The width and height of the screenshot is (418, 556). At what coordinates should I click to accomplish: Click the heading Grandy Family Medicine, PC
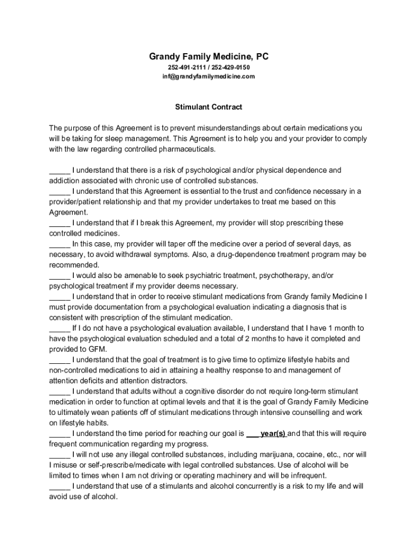[x=208, y=56]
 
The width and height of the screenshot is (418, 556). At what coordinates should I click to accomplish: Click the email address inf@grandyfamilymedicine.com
[x=208, y=77]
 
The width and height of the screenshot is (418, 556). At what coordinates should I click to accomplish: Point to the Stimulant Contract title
[x=208, y=107]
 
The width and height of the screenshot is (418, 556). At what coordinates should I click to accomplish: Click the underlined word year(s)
[x=273, y=434]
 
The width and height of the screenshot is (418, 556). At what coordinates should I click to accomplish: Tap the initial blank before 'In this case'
[x=60, y=244]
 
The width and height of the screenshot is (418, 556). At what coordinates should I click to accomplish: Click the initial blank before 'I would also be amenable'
[x=60, y=276]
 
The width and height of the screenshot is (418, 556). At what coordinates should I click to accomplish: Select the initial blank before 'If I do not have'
[x=60, y=328]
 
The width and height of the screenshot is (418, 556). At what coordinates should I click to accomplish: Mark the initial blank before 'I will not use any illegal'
[x=60, y=455]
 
